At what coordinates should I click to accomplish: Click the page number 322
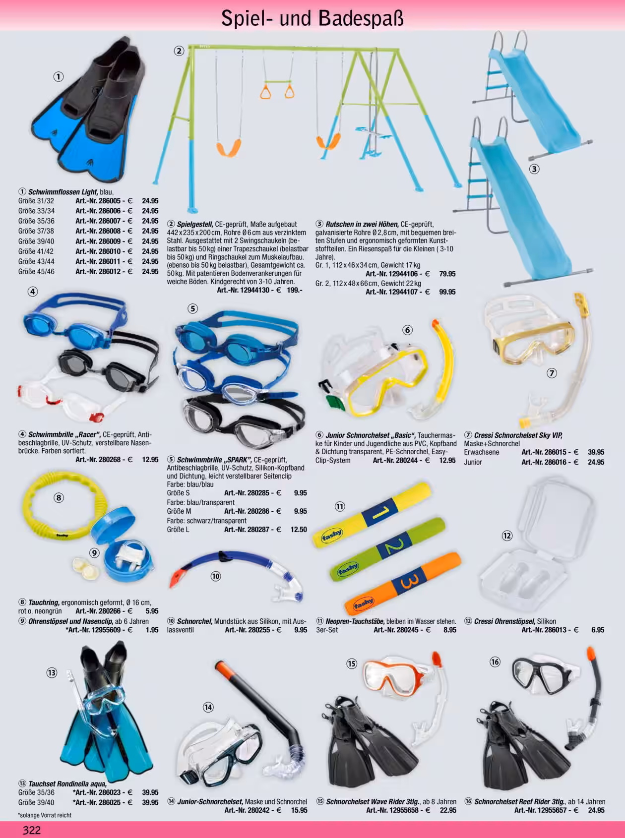[x=31, y=830]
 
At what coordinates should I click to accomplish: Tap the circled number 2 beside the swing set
[x=179, y=51]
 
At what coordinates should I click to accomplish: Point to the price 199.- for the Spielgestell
[x=294, y=290]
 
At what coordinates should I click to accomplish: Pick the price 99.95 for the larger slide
[x=447, y=292]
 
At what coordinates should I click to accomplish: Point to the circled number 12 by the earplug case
[x=507, y=536]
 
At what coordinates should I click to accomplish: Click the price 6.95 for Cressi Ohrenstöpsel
[x=597, y=630]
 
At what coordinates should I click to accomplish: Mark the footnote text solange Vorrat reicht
[x=45, y=815]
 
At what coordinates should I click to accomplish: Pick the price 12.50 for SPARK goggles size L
[x=299, y=530]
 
